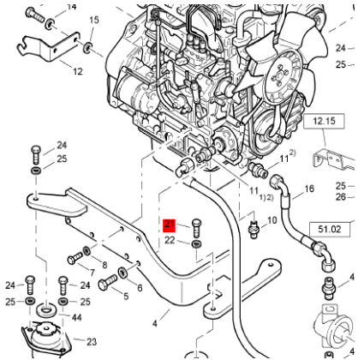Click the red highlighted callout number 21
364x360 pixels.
[x=170, y=226]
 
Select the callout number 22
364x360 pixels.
[x=170, y=241]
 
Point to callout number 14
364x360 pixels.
[x=71, y=7]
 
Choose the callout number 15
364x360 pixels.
[x=94, y=20]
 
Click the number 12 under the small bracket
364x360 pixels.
[x=78, y=71]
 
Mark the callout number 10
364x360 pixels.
[x=273, y=220]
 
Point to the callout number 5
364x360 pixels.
[x=125, y=297]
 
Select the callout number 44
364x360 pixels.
[x=77, y=318]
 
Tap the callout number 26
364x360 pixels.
[x=342, y=197]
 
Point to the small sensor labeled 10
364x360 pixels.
[x=253, y=230]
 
